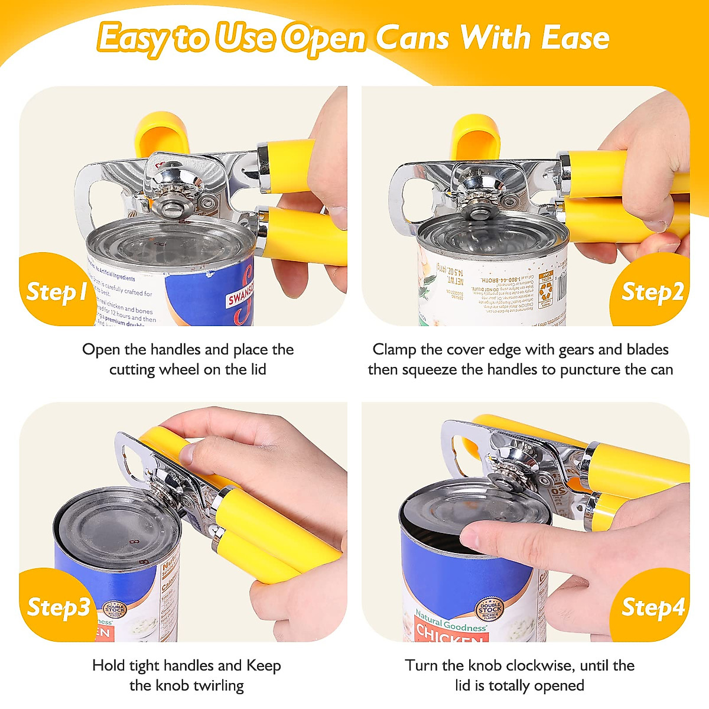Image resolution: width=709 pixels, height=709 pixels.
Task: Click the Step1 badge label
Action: tap(57, 291)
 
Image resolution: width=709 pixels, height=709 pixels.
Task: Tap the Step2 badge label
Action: tap(652, 291)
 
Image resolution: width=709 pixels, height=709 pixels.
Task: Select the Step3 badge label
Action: tap(58, 607)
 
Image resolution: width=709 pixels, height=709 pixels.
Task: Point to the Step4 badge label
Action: tap(653, 607)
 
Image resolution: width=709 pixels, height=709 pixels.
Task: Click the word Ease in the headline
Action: tap(575, 38)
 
